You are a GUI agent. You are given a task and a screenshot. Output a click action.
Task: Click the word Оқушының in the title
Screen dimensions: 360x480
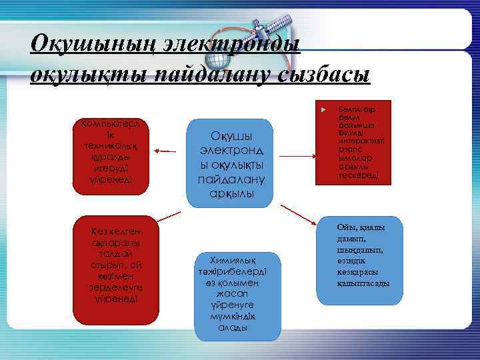(x=79, y=44)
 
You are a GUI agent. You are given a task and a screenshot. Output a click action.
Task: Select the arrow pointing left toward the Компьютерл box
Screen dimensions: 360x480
(x=168, y=153)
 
